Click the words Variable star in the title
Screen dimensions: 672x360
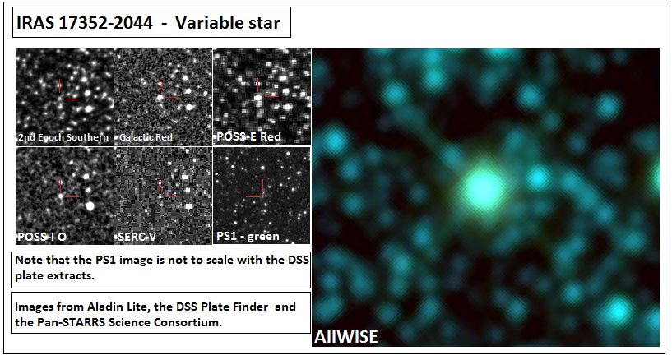tap(228, 23)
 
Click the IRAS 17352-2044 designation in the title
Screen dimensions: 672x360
tap(85, 23)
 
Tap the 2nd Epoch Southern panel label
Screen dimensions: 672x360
tap(63, 137)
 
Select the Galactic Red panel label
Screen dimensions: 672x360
tap(146, 137)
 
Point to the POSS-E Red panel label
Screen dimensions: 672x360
tap(248, 136)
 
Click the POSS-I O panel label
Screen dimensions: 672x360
tap(42, 237)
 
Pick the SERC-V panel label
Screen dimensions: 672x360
tap(137, 237)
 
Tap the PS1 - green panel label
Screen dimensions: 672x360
tap(248, 236)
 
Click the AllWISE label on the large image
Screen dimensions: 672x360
tap(345, 337)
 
